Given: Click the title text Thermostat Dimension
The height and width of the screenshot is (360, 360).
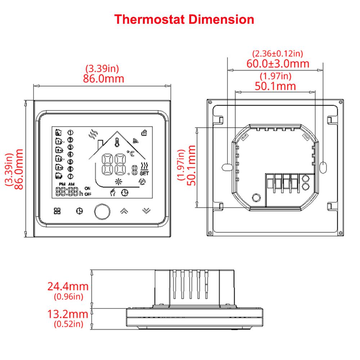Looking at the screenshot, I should [x=184, y=19].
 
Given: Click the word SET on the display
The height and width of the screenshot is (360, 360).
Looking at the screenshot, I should [x=144, y=173].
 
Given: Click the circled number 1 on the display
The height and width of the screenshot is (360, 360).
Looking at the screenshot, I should [x=70, y=132].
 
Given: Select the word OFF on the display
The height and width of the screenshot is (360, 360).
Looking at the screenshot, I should [x=88, y=194].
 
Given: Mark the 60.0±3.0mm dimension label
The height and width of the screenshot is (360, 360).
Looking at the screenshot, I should [x=278, y=64].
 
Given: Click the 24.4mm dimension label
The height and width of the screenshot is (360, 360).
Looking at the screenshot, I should [x=68, y=287].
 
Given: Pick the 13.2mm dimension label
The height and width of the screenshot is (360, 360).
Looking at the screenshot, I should [x=68, y=314].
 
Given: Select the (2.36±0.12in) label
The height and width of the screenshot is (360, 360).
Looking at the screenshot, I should [x=278, y=54].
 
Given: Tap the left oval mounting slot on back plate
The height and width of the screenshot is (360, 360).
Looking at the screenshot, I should [x=227, y=167].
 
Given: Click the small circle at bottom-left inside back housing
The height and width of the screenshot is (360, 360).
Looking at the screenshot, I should [x=256, y=197].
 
